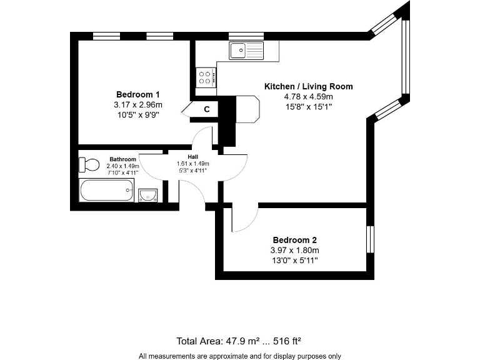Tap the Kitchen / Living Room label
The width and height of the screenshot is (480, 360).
point(308,87)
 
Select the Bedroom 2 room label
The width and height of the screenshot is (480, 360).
point(294,240)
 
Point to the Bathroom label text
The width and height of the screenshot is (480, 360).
point(122,159)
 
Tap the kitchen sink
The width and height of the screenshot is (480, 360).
point(246,50)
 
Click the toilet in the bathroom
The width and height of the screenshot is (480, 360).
point(89,165)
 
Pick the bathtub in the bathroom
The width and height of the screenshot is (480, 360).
point(107,190)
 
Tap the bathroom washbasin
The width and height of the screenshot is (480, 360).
point(147,195)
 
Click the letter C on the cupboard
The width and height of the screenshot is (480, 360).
point(206,110)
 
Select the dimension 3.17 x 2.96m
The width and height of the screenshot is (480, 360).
point(138,104)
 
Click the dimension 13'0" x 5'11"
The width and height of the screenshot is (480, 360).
point(294,260)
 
